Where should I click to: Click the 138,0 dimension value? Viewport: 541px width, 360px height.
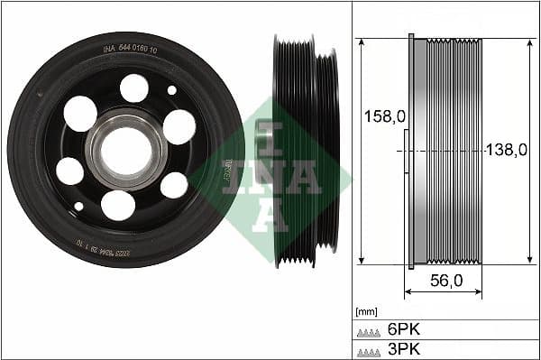pos(506,151)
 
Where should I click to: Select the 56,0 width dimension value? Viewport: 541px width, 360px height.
pos(445,281)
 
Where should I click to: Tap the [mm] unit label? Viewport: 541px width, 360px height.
pos(367,311)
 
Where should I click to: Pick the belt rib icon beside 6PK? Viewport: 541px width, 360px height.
pos(368,331)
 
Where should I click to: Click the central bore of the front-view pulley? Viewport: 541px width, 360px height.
pos(125,149)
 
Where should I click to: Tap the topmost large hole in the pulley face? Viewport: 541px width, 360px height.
pos(134,88)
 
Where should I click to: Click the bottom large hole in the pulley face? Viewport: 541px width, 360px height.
pos(117,205)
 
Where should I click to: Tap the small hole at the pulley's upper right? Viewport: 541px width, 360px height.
pos(172,89)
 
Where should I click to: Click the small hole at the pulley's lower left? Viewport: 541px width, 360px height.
pos(78,206)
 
